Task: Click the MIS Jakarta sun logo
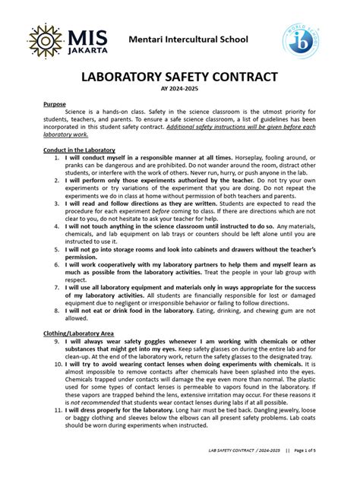(46, 40)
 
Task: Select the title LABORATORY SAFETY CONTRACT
(179, 79)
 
